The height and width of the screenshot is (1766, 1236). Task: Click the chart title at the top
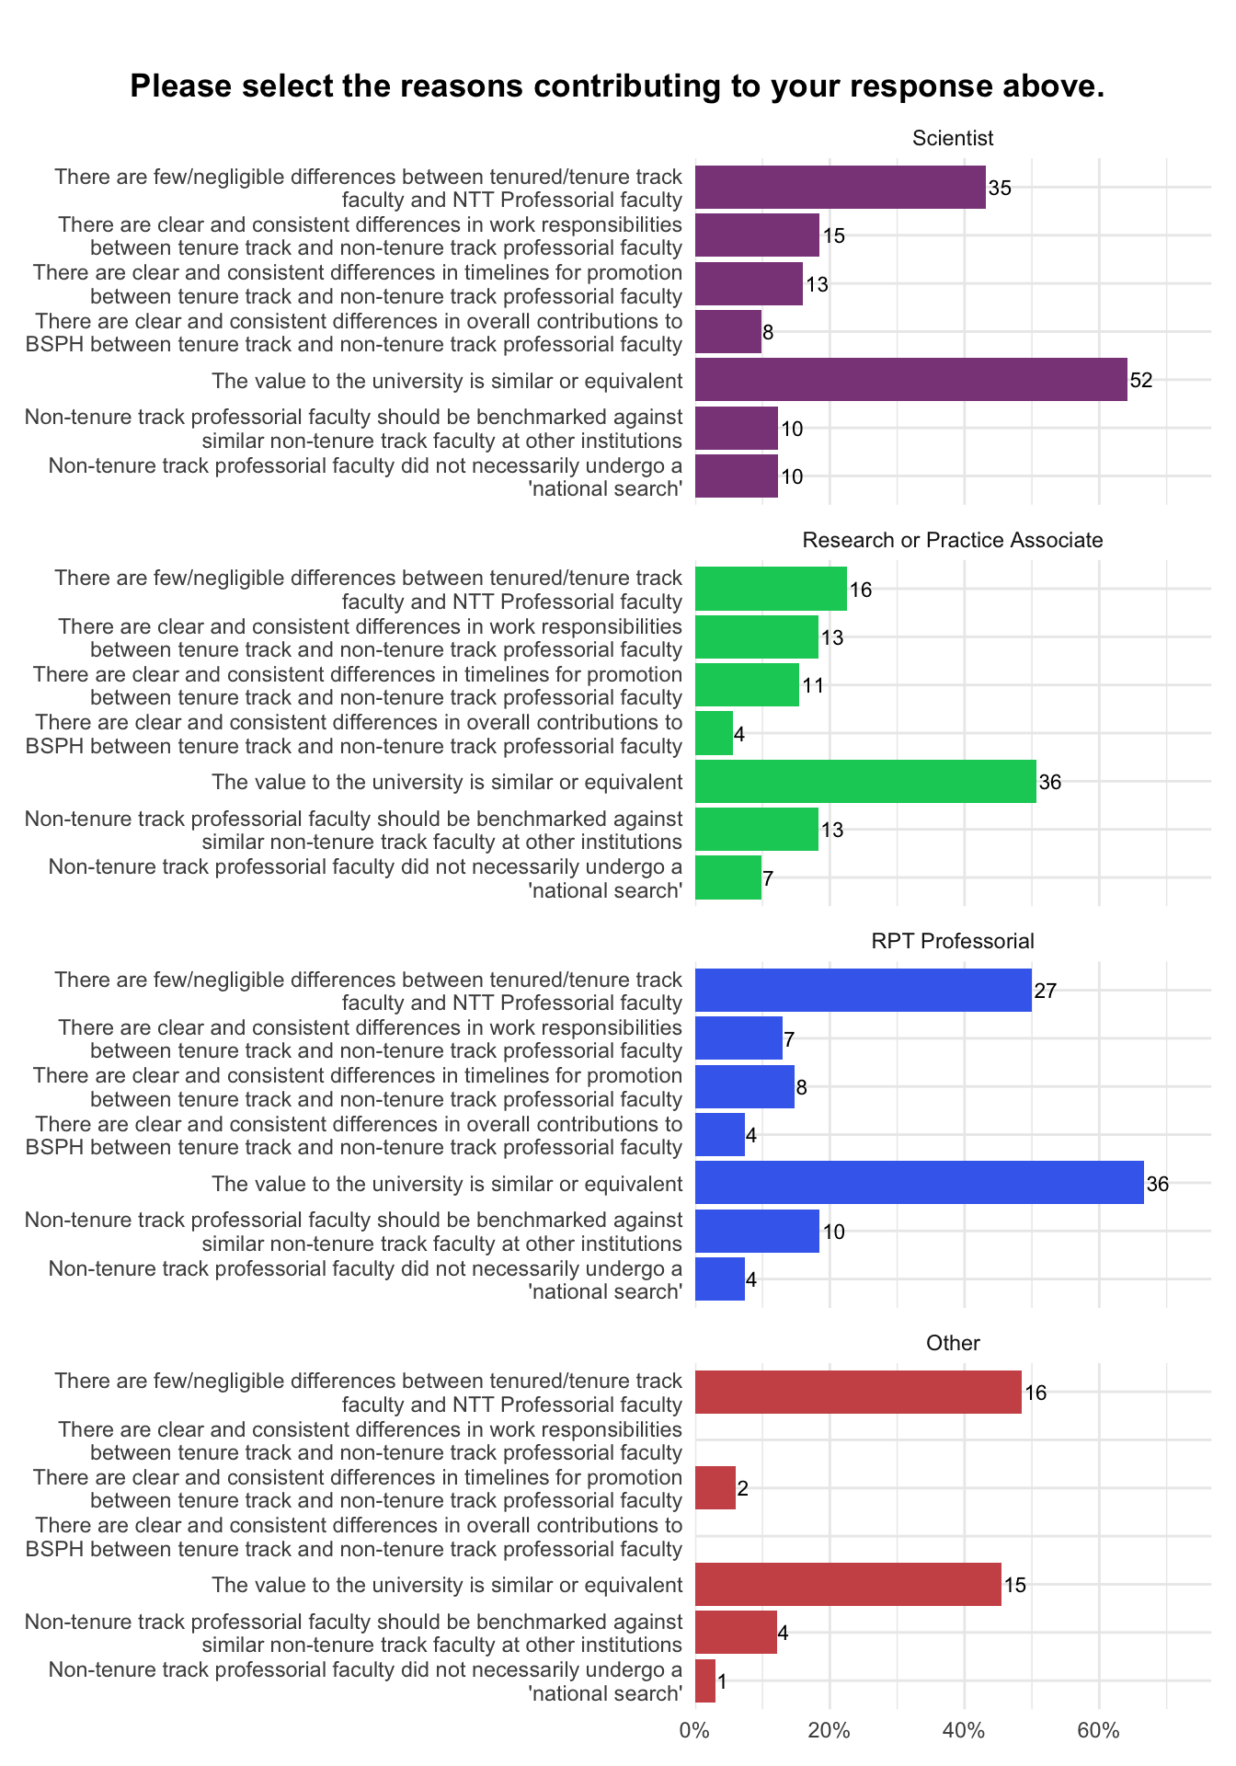[x=617, y=86]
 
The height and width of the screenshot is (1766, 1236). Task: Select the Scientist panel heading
[x=953, y=138]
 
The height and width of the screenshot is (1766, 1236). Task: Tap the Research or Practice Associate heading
[x=953, y=540]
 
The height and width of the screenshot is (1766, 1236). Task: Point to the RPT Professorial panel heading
[x=953, y=941]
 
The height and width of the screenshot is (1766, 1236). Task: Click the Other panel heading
[x=953, y=1343]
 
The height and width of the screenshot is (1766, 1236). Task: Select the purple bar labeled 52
[x=910, y=379]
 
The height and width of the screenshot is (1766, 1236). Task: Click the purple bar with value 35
[x=841, y=187]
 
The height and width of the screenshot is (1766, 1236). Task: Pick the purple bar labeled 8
[x=728, y=331]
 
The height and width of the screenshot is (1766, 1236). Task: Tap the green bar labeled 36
[x=865, y=781]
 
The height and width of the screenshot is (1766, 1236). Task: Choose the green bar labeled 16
[x=771, y=589]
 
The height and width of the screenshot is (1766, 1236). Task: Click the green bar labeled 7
[x=728, y=877]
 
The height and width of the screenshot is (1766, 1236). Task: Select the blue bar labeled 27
[x=864, y=990]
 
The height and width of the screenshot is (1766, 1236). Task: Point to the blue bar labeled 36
[x=920, y=1182]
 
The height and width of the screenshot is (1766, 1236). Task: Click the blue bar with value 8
[x=745, y=1086]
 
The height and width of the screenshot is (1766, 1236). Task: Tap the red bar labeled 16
[x=858, y=1392]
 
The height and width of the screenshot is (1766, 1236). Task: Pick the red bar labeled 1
[x=705, y=1680]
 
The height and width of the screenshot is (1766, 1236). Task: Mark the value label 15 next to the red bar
[x=1015, y=1585]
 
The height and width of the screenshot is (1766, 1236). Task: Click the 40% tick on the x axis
[x=965, y=1730]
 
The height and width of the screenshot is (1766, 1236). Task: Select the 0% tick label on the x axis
[x=695, y=1730]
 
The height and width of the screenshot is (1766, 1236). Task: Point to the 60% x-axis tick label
[x=1099, y=1730]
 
